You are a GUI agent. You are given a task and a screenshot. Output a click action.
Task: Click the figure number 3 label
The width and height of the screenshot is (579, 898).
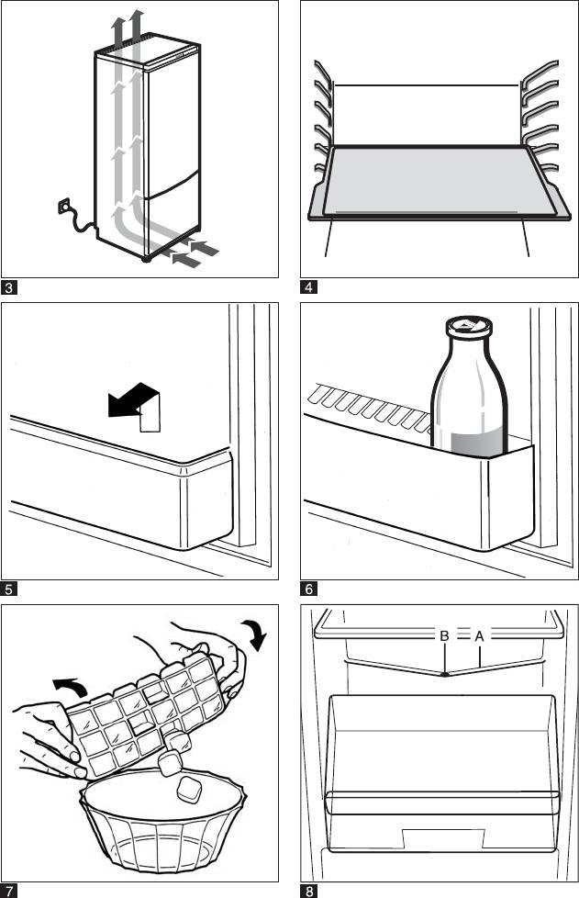(9, 287)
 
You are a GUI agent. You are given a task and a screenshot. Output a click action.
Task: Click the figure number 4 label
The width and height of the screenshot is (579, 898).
(309, 287)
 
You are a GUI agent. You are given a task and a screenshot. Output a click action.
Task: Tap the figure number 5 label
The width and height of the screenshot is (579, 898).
(9, 589)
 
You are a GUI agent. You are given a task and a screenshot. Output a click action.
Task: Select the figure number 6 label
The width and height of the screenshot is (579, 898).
(309, 589)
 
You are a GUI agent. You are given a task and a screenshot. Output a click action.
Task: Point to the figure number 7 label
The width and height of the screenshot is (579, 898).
(9, 890)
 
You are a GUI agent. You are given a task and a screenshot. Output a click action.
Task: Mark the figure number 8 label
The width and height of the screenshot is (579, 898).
(309, 890)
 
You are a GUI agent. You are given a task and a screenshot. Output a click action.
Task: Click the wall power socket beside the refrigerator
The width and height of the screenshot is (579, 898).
(65, 208)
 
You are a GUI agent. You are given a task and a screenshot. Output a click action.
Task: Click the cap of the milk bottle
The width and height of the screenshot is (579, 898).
(469, 326)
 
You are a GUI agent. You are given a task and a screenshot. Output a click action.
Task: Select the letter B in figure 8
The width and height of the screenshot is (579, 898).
(444, 635)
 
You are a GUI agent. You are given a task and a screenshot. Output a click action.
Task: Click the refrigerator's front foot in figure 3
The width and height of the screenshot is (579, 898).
(146, 260)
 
